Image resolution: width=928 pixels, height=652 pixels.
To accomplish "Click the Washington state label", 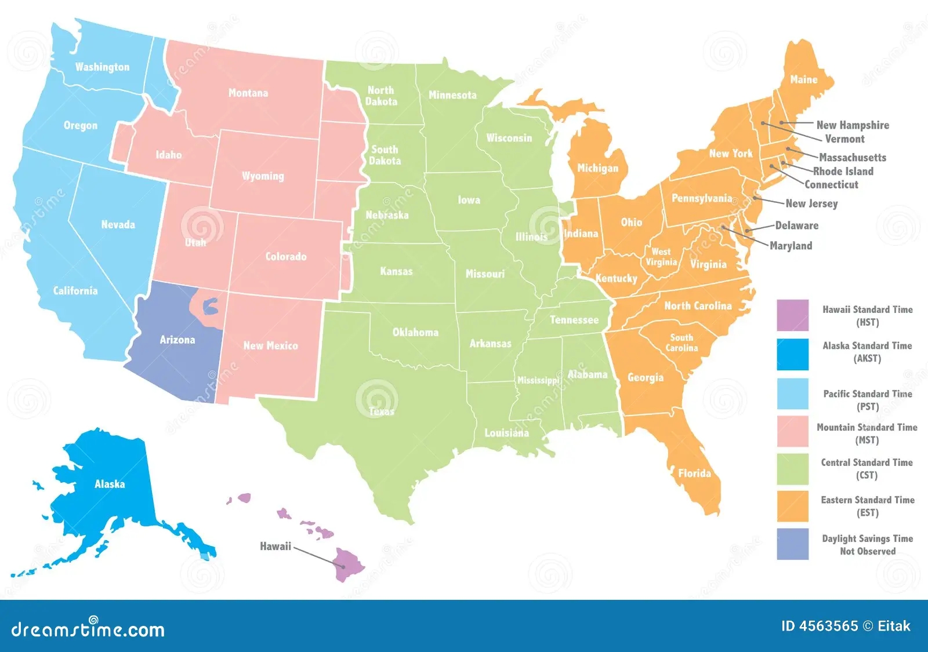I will tap(103, 67).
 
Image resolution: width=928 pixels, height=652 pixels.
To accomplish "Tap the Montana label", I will tap(248, 93).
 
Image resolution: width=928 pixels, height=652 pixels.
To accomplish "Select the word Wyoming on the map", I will tap(263, 176).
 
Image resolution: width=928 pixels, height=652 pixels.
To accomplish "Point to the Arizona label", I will tap(177, 340).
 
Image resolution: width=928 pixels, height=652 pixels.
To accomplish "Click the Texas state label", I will tap(382, 411).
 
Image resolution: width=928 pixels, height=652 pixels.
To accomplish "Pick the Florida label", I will tap(694, 473).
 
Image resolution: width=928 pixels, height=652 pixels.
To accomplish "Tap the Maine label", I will tap(803, 80).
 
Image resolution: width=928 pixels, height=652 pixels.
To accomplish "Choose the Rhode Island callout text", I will tap(843, 171).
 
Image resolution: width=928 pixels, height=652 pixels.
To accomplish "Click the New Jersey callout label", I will tap(811, 203).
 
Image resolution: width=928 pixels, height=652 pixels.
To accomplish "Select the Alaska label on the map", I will tap(110, 484).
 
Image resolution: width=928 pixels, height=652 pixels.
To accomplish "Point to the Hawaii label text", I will tap(275, 546).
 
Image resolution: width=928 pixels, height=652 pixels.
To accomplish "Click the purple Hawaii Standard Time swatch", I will tap(792, 315).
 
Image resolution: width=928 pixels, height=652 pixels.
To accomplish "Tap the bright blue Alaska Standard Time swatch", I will tap(792, 354).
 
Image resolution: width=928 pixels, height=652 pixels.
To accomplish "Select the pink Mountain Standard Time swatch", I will tap(792, 431).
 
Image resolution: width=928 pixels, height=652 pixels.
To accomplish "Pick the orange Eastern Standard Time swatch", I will tap(792, 506).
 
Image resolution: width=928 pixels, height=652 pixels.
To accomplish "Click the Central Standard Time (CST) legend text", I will tap(867, 469).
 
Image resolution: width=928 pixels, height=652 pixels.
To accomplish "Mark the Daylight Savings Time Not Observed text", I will tap(867, 545).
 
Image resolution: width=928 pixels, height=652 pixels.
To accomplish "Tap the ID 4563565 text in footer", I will tap(819, 626).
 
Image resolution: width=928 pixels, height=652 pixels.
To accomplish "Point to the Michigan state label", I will tap(597, 169).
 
